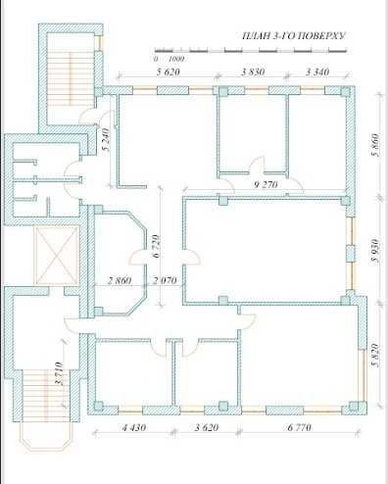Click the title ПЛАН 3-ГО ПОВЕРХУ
(293, 35)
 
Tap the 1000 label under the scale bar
(176, 59)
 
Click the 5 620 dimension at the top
(169, 72)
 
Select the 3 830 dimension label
(253, 72)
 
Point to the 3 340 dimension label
(317, 72)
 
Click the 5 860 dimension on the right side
(376, 145)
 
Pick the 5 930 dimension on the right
(376, 251)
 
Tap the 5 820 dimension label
(376, 356)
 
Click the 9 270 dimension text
(266, 185)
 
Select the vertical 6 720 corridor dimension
(157, 246)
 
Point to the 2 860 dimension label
(120, 280)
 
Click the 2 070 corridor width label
(165, 280)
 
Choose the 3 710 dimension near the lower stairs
(59, 373)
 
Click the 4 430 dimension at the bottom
(134, 427)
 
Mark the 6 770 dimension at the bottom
(300, 427)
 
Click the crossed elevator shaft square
(57, 256)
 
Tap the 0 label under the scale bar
(156, 59)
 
